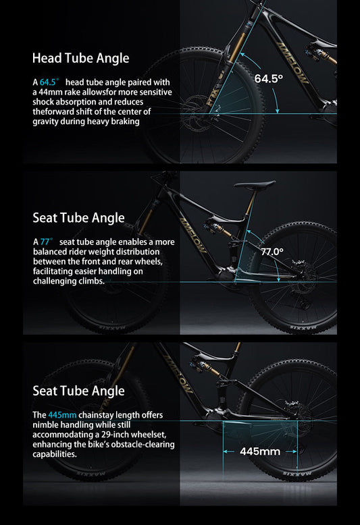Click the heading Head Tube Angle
(80, 58)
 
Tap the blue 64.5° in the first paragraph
(50, 82)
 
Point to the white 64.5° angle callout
(268, 78)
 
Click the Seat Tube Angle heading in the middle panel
(78, 217)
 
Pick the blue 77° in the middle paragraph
(46, 241)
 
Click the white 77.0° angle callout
(272, 252)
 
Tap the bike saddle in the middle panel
(254, 184)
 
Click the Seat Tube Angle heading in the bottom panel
(78, 391)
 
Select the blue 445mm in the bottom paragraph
(61, 414)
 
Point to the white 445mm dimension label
(260, 451)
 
